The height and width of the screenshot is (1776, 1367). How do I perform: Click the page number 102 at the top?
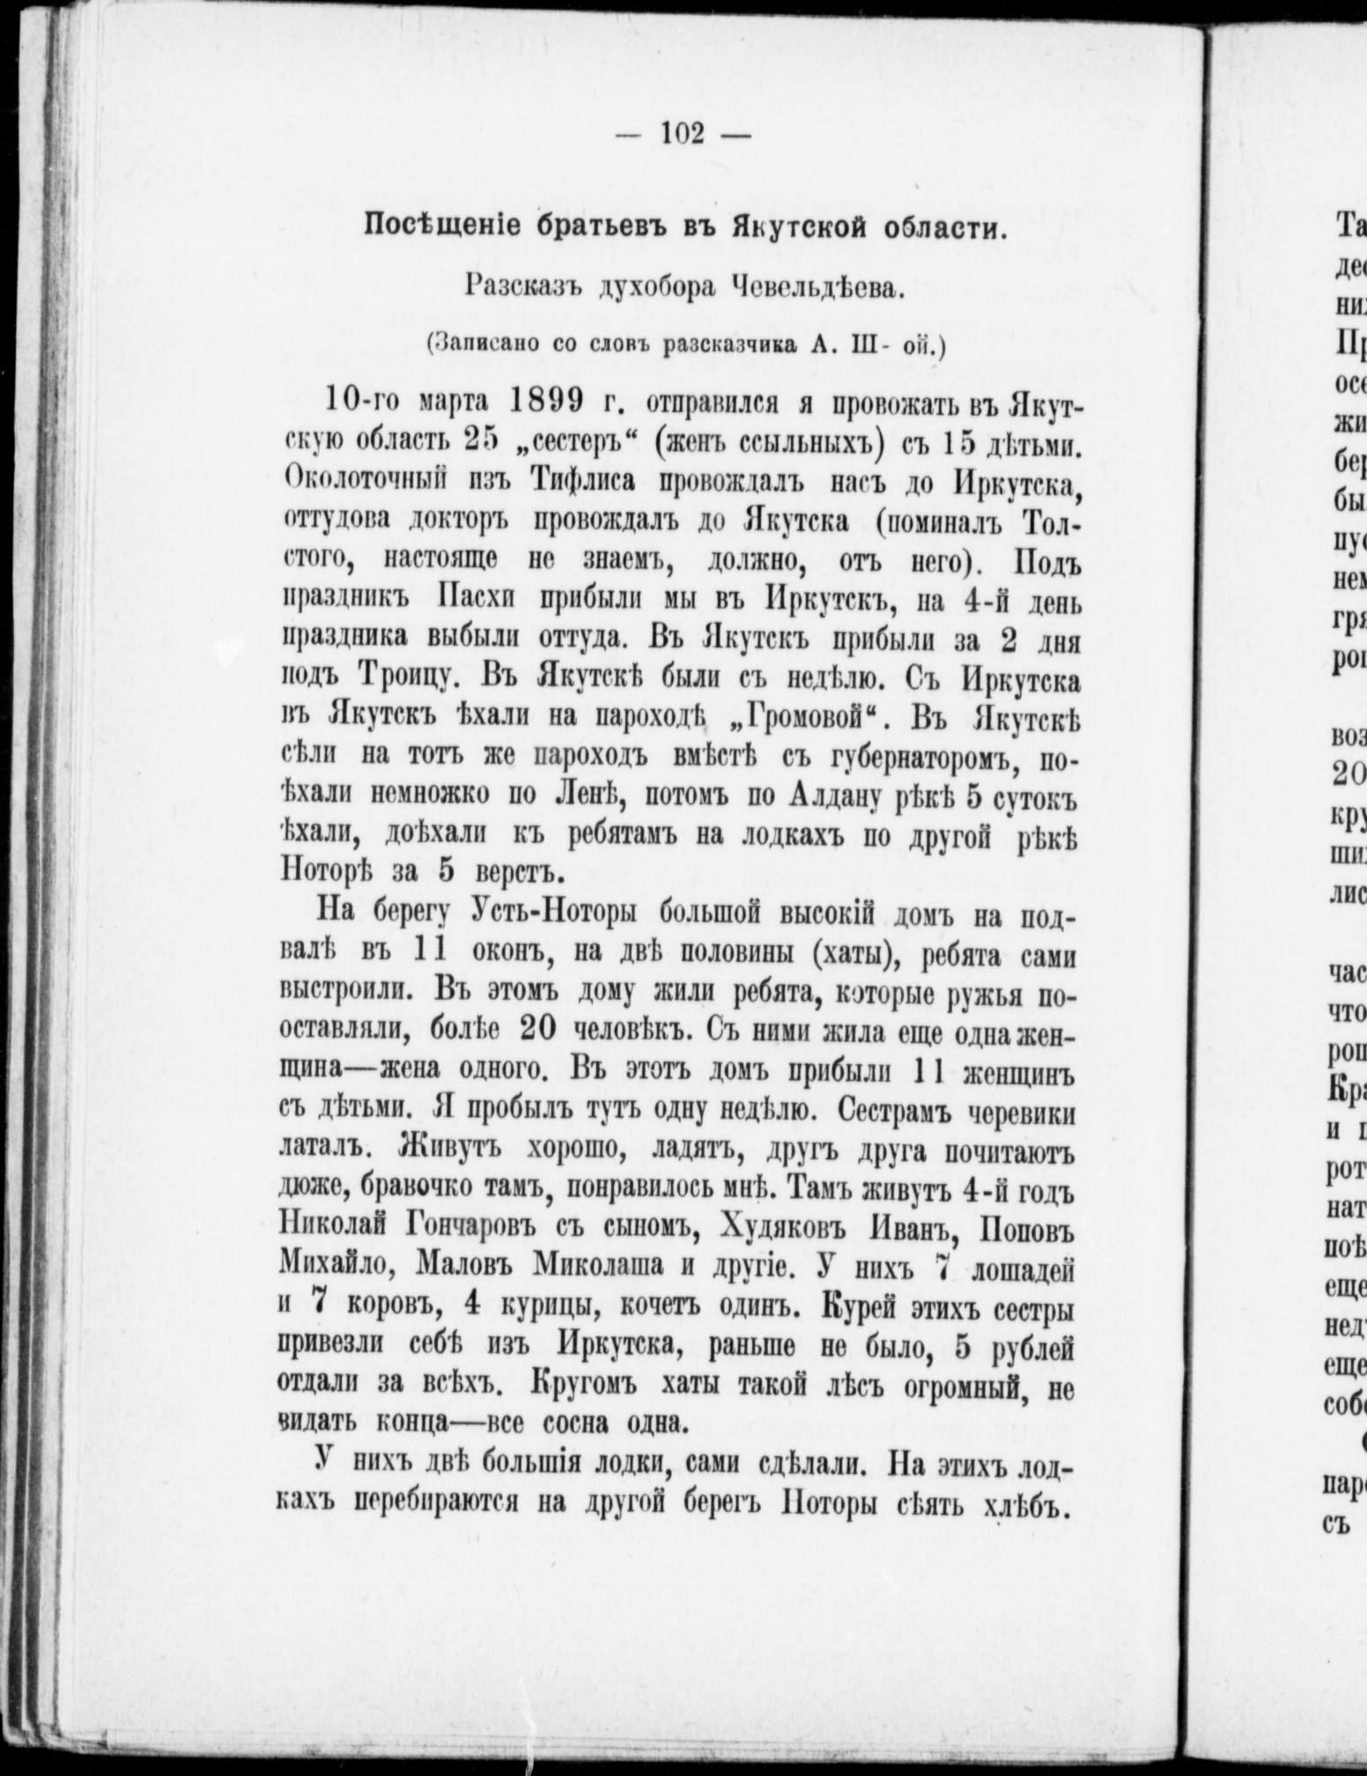click(x=683, y=135)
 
